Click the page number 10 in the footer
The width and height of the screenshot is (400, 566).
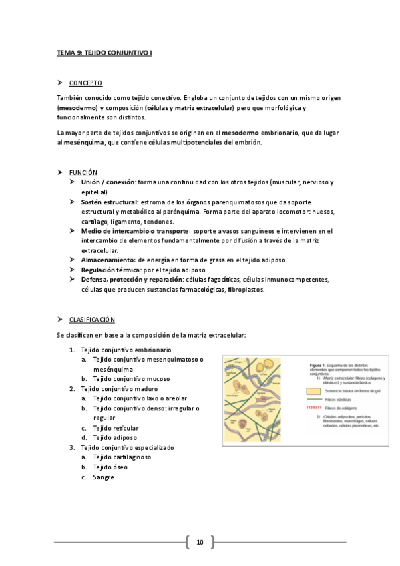199,542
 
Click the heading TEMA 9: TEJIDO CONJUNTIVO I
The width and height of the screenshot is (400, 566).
104,51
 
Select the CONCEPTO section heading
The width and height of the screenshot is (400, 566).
85,83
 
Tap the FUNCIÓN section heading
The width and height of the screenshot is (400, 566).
83,172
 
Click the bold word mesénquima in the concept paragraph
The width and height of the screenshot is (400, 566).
81,142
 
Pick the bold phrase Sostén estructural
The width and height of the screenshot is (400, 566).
110,201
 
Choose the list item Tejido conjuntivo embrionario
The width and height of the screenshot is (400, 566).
126,350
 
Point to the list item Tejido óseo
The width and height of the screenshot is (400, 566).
110,467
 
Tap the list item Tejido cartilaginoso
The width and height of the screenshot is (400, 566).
122,457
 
